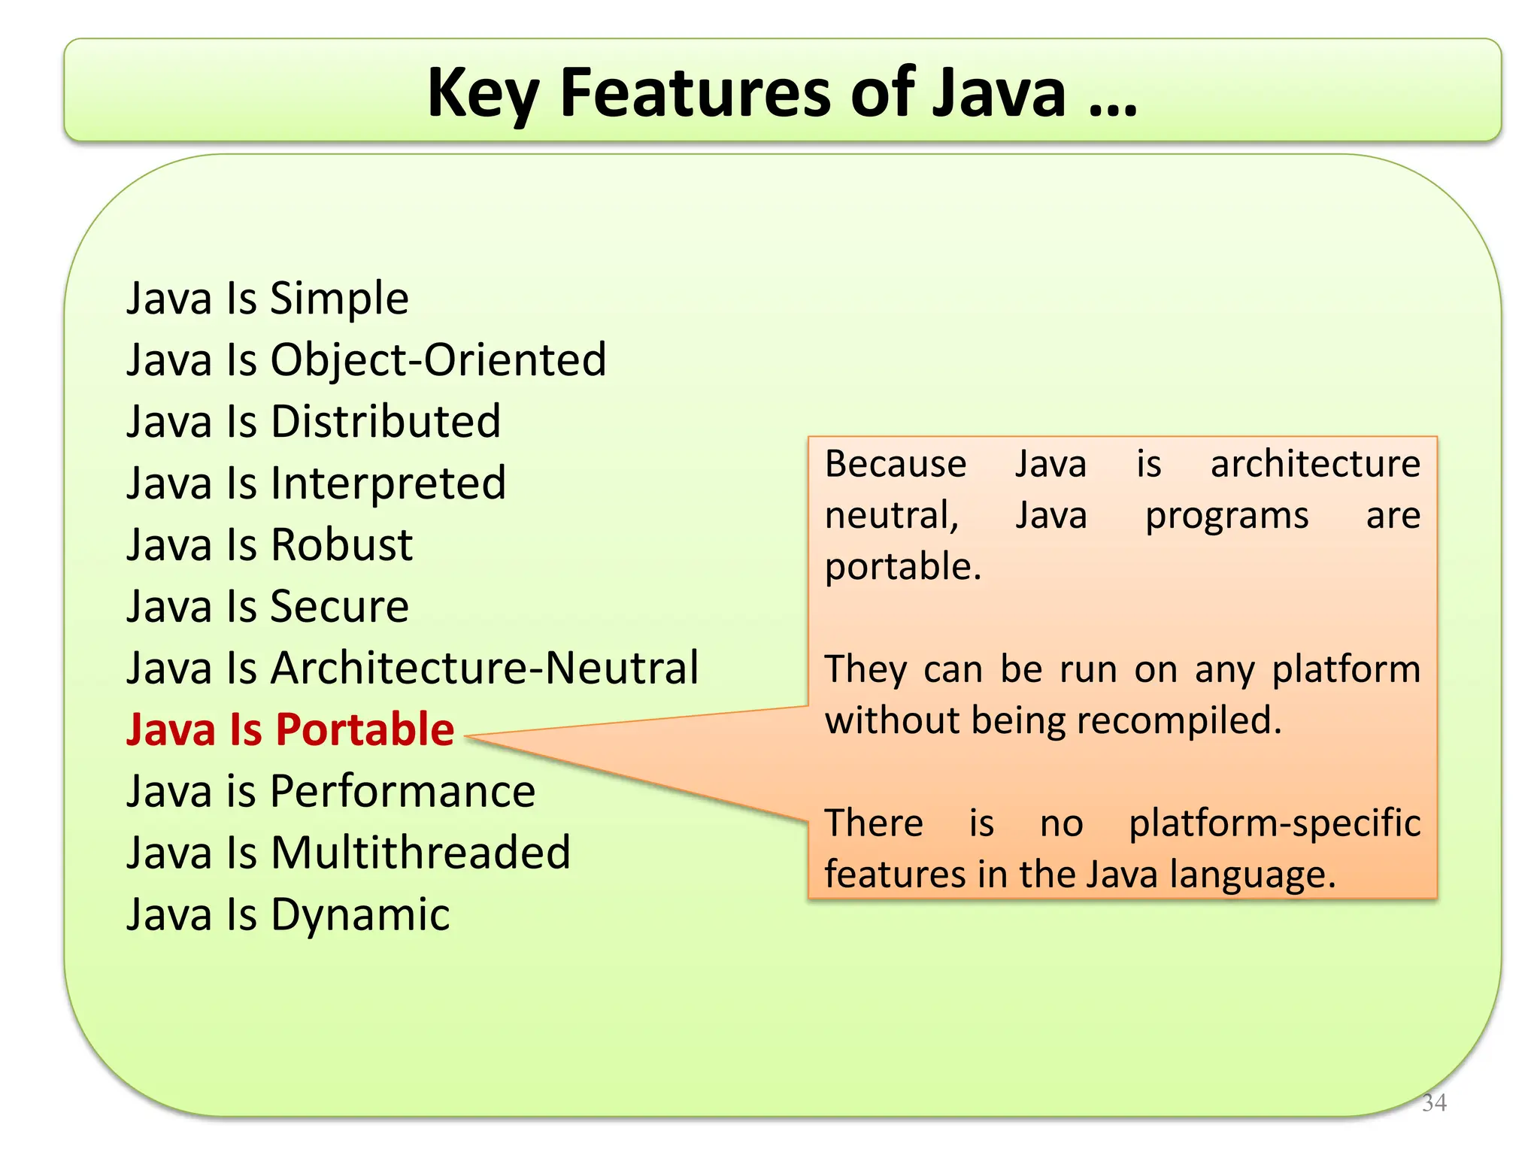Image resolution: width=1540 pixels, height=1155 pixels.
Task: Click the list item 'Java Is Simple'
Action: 267,299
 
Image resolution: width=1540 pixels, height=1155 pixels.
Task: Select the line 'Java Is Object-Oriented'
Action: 366,360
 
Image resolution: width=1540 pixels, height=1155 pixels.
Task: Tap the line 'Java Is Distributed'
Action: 313,422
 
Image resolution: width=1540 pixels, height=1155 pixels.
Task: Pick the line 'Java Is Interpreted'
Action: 316,484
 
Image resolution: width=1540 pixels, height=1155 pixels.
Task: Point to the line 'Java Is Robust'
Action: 269,545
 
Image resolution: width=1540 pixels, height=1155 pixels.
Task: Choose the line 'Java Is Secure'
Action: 267,607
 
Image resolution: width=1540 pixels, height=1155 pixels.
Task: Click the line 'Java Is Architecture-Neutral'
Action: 412,668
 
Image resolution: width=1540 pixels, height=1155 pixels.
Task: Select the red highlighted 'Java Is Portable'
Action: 290,730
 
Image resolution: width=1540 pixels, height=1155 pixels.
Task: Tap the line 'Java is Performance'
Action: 331,792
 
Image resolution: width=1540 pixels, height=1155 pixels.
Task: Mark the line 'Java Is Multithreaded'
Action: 348,853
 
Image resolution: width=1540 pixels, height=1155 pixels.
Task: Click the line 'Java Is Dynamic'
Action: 288,915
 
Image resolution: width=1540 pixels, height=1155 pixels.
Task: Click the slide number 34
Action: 1434,1102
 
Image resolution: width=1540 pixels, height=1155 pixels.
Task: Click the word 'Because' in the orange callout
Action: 895,464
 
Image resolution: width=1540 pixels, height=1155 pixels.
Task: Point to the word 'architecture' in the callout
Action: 1315,464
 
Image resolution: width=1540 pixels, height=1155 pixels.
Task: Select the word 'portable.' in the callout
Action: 903,567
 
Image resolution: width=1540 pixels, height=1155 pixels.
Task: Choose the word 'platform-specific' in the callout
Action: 1275,823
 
